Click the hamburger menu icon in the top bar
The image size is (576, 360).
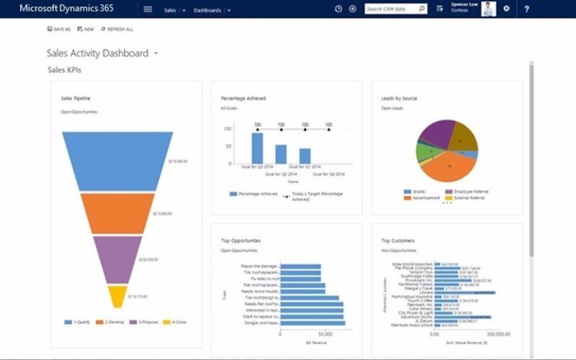click(148, 9)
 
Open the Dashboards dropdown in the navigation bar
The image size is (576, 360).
click(211, 10)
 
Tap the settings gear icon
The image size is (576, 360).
click(506, 9)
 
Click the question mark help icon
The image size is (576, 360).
click(526, 9)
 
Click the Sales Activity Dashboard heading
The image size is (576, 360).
click(97, 53)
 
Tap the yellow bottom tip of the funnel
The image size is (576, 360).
click(117, 295)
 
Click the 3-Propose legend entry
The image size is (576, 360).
click(142, 322)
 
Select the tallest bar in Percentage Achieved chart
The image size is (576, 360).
click(257, 148)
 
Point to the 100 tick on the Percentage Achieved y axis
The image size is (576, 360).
click(228, 130)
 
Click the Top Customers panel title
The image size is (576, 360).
click(399, 240)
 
